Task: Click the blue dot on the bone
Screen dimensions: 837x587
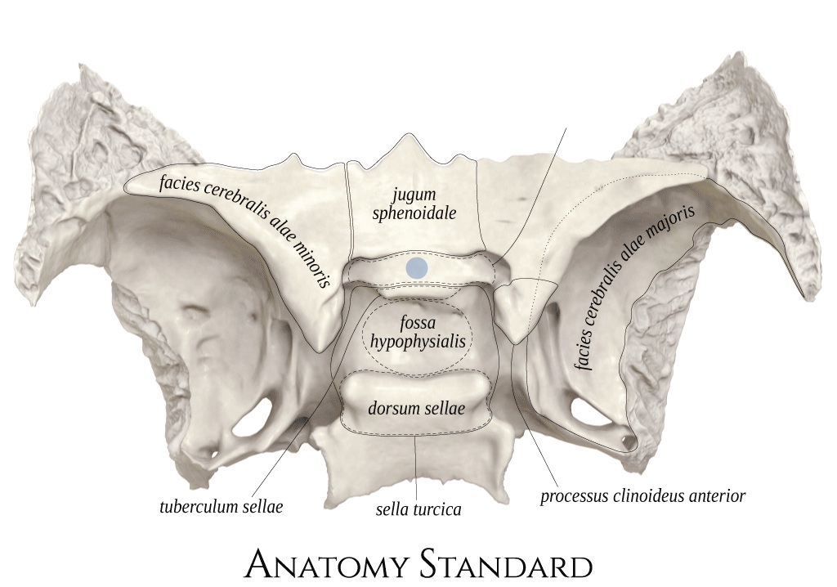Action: click(x=416, y=267)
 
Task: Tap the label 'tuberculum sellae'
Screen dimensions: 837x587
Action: click(x=221, y=506)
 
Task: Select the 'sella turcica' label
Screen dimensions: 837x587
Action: click(x=418, y=509)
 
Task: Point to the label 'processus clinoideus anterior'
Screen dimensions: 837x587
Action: click(x=642, y=496)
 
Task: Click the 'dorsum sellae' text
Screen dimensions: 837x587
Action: click(x=416, y=409)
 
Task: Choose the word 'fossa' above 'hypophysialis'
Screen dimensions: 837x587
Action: click(x=418, y=323)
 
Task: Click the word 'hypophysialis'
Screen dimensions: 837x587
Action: click(x=418, y=341)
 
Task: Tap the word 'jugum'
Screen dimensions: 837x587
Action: click(x=414, y=195)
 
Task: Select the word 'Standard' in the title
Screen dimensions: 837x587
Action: click(x=505, y=566)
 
